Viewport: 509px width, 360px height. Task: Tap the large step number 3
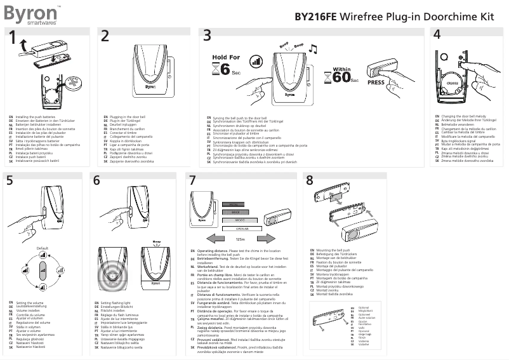207,37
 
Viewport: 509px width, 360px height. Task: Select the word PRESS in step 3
376,82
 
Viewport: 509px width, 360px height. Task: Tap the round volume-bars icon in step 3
256,62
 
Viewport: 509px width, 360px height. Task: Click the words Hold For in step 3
226,57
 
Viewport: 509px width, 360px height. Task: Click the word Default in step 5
43,247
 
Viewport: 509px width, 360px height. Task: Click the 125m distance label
240,239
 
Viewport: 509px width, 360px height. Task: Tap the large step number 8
310,180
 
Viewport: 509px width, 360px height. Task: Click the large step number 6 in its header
96,180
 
